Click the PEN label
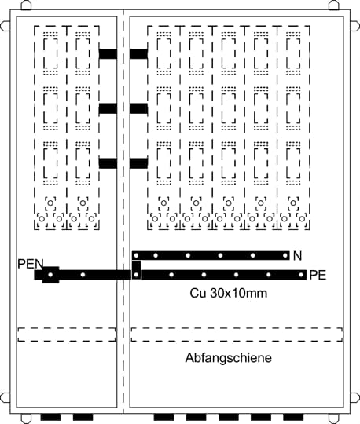pos(31,264)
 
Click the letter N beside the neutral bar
pos(297,256)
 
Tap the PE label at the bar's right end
pos(318,276)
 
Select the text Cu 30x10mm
pos(228,293)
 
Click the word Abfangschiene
pos(229,358)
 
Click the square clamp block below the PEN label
pos(50,275)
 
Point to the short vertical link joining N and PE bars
pos(137,269)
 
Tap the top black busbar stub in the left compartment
pos(108,54)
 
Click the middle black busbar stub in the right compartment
pos(138,108)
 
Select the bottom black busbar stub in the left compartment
pos(108,163)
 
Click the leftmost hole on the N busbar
pos(137,255)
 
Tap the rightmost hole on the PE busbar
pos(301,275)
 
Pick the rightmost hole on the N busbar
pos(285,255)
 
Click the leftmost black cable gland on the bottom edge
pos(50,417)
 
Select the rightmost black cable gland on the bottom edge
pos(293,417)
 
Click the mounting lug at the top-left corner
pos(26,5)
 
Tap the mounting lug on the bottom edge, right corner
pos(334,419)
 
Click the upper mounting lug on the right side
pos(354,26)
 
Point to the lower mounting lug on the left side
pos(6,398)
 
